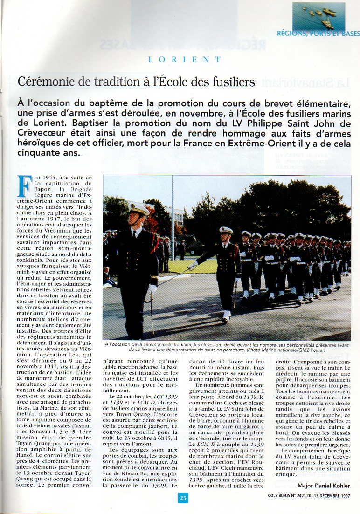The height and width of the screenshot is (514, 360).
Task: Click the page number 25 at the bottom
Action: pos(183,498)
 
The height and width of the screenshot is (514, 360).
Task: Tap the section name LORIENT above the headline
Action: pos(184,60)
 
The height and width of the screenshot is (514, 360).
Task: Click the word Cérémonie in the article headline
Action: pos(46,82)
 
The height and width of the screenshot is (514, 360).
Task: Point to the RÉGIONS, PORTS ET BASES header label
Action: pos(318,34)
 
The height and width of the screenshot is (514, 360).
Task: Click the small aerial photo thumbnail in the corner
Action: pos(318,16)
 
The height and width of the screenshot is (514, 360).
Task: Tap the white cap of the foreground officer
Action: pos(139,208)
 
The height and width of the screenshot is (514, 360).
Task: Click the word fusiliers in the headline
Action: pos(228,82)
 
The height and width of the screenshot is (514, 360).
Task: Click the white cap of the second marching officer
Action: pos(226,230)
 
